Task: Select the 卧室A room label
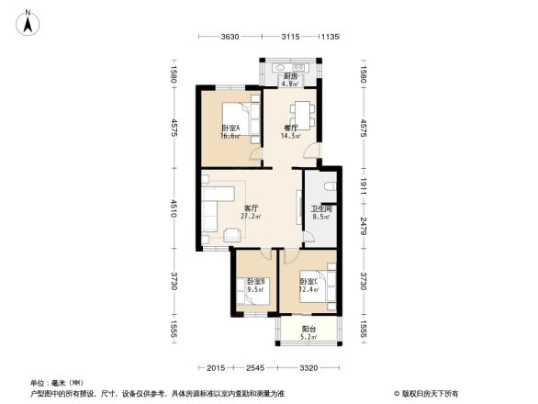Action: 230,128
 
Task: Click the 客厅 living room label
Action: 250,208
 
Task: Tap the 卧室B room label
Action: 254,281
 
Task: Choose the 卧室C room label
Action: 308,281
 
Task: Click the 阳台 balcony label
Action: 308,329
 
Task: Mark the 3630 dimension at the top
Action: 230,37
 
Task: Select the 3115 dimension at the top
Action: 290,37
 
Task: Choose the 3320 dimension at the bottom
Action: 307,368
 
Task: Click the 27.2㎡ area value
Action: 250,217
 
